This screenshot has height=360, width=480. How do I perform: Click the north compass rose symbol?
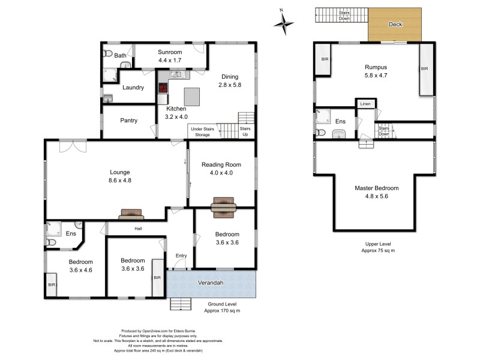(x=283, y=23)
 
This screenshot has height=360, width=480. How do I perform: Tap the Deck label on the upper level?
(x=395, y=25)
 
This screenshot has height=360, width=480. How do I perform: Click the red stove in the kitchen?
(x=163, y=88)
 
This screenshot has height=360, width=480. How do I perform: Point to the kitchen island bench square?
(x=192, y=96)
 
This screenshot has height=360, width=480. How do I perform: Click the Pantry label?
(x=129, y=121)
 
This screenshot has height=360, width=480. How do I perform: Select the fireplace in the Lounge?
(x=131, y=214)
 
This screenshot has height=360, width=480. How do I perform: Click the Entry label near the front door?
(x=181, y=256)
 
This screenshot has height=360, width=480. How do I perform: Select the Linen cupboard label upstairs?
(x=365, y=104)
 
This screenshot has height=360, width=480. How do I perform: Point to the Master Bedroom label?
(x=376, y=188)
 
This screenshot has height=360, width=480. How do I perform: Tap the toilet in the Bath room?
(x=108, y=54)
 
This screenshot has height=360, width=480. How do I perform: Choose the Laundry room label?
(x=133, y=88)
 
